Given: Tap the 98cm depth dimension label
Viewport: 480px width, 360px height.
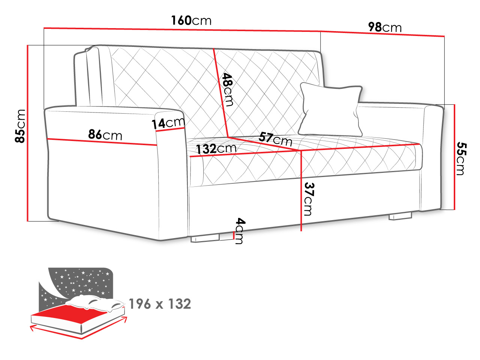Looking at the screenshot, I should (384, 27).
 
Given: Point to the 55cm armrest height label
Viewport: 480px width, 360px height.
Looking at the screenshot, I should (461, 159).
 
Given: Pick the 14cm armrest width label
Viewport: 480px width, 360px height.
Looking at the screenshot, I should (168, 123).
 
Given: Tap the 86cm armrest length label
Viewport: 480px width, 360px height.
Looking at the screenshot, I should (105, 134).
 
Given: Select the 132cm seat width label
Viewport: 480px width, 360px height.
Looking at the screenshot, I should (216, 148).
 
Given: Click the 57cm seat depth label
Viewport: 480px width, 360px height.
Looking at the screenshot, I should (275, 139).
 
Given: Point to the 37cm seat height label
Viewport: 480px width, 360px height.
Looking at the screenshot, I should (309, 199).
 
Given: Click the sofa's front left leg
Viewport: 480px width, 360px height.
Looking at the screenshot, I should (205, 238).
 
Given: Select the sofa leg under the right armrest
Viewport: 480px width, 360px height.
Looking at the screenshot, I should (400, 216).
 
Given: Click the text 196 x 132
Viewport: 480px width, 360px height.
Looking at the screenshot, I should (160, 304).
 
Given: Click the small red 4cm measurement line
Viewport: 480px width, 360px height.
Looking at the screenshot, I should (233, 235).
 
